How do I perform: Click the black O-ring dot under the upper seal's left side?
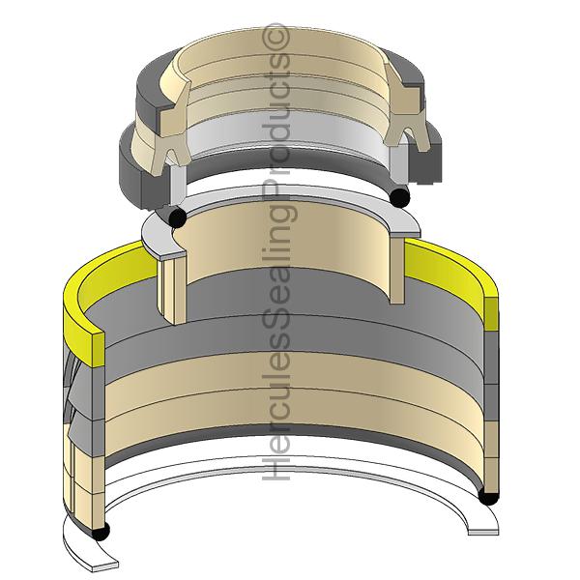[177, 217]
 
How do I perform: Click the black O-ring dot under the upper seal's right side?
[399, 198]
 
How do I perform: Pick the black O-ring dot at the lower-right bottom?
[487, 497]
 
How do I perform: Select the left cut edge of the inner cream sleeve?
[170, 290]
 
